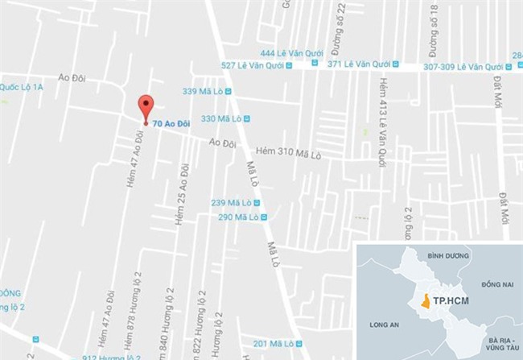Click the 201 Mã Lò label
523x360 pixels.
(x=274, y=344)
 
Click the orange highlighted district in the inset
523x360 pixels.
(x=424, y=304)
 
